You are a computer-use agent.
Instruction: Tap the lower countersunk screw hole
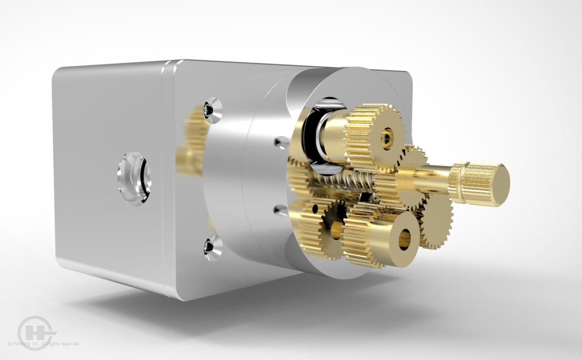click(x=212, y=247)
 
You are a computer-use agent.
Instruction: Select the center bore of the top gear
click(x=387, y=138)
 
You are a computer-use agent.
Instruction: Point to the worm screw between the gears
click(x=339, y=185)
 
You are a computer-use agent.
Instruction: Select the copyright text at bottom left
click(x=44, y=344)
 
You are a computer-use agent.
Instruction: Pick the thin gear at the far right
click(x=439, y=221)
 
